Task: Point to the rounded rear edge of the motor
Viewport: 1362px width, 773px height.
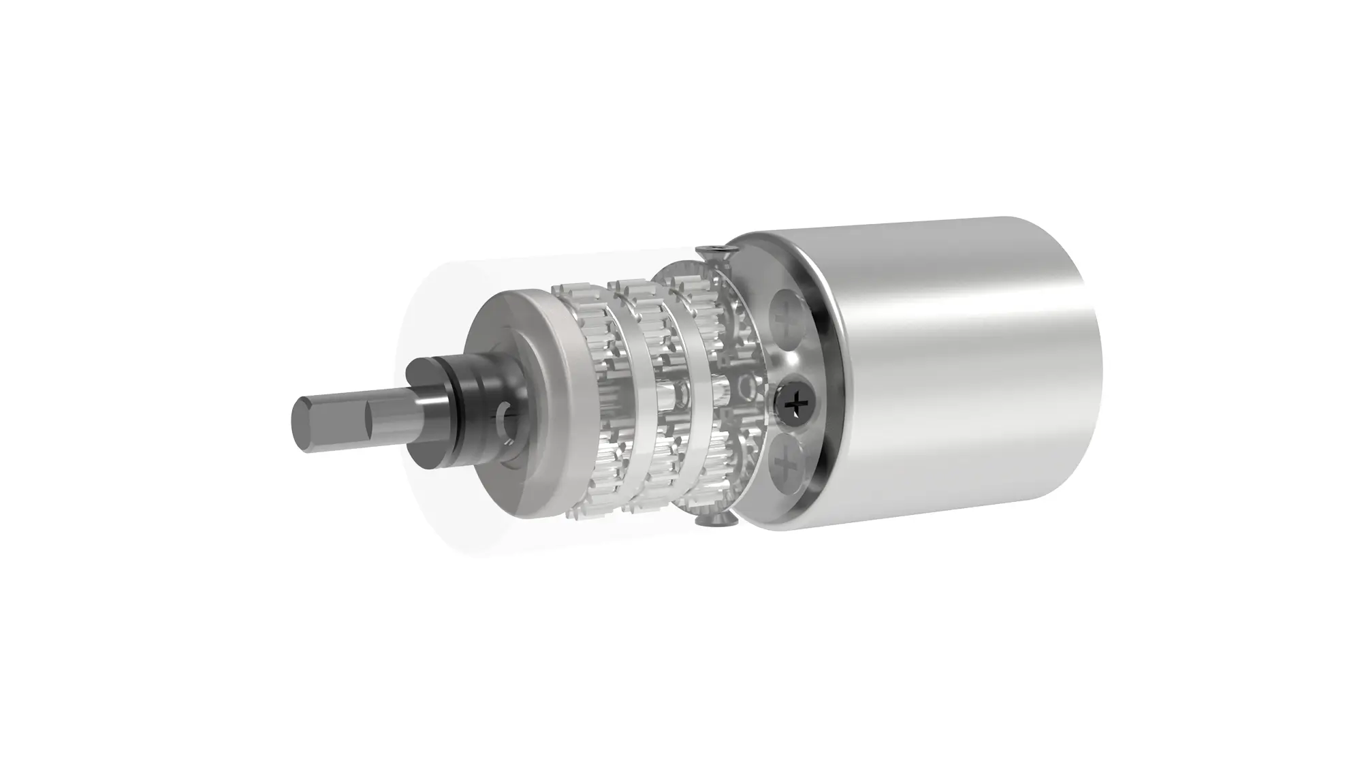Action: click(1090, 354)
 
